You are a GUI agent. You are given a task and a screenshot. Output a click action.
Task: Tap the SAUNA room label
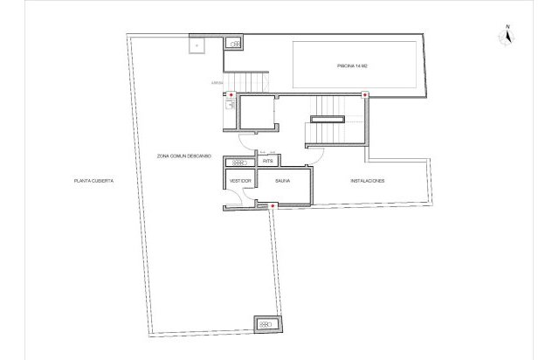pyautogui.click(x=282, y=181)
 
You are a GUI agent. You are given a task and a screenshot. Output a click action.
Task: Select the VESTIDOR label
pyautogui.click(x=240, y=181)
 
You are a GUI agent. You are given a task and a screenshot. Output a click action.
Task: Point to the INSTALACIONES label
pyautogui.click(x=368, y=181)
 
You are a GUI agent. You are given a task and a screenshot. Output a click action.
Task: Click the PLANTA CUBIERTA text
pyautogui.click(x=94, y=181)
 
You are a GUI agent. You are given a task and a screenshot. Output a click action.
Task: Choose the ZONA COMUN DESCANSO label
pyautogui.click(x=186, y=156)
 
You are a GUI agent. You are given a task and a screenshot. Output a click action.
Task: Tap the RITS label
pyautogui.click(x=269, y=162)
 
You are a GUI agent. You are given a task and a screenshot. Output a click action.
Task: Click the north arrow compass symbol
pyautogui.click(x=506, y=38)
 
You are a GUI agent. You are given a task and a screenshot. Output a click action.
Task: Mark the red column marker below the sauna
pyautogui.click(x=273, y=206)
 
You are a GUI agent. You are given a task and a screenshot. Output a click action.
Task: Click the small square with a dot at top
pyautogui.click(x=197, y=43)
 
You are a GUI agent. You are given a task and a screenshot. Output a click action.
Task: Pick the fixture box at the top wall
pyautogui.click(x=233, y=42)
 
